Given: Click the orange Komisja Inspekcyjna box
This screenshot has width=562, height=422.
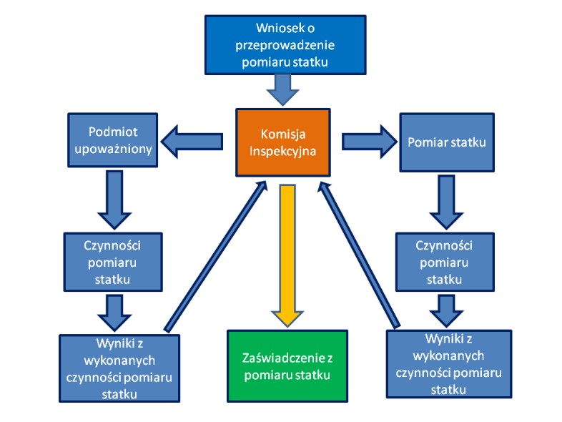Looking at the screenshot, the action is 283,142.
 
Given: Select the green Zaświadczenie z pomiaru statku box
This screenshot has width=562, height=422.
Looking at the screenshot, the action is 287,365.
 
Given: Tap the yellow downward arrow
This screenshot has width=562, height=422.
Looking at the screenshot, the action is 287,255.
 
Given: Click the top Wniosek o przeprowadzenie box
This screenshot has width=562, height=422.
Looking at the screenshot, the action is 285,45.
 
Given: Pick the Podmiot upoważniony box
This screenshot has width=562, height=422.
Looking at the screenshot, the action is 113,140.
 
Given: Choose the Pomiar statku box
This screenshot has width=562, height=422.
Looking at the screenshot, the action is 447,142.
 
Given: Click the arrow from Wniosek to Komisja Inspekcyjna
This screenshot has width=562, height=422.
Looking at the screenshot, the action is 283,89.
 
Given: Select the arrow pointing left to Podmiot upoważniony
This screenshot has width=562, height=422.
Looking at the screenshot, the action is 192,142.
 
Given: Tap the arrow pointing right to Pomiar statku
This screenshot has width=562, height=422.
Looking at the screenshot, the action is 370,142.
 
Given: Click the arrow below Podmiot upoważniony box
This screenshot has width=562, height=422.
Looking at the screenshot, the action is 114,200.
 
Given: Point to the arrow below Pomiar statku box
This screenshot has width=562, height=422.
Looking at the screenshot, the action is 446,202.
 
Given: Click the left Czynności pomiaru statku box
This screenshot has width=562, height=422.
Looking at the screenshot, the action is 113,262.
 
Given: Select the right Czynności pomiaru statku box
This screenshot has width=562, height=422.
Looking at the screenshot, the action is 445,262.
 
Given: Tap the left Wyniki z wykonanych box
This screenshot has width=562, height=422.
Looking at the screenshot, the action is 119,368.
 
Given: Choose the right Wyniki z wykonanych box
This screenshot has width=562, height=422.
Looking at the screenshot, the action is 449,364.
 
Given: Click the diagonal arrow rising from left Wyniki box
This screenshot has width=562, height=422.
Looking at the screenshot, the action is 216,256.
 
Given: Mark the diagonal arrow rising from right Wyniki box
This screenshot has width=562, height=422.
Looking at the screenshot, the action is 358,255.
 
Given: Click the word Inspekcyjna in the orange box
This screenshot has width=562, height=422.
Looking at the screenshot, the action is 283,151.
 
